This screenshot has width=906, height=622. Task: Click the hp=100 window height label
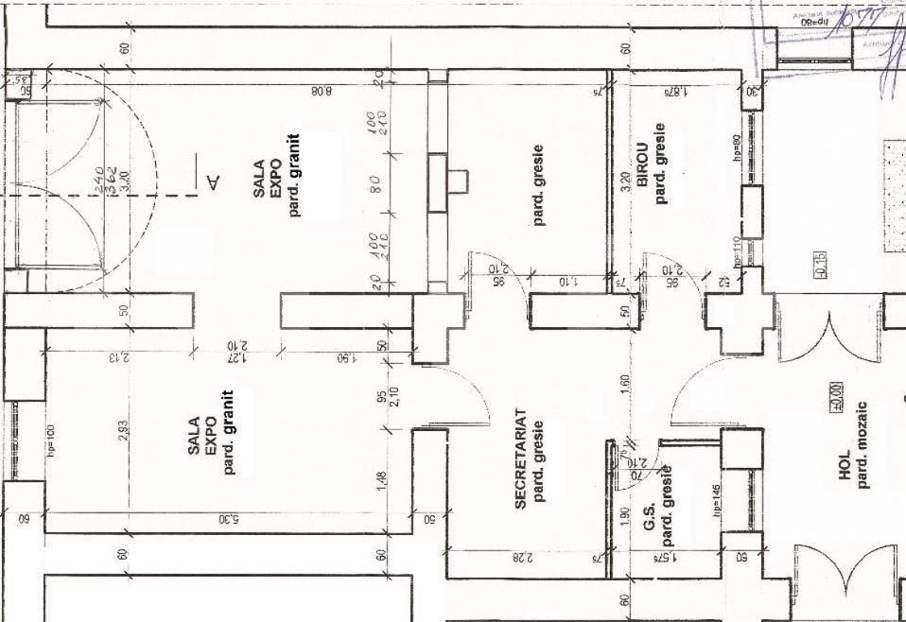(51, 441)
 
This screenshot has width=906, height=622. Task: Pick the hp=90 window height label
(735, 151)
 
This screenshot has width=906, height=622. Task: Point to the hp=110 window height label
(735, 251)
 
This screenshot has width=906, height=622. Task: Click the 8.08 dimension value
(322, 92)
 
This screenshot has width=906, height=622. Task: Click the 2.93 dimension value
(123, 430)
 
